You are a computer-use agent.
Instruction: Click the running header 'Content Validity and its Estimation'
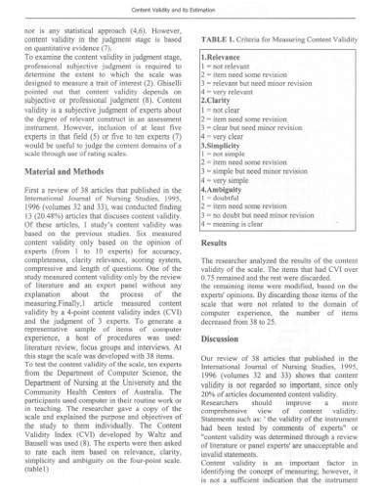190,9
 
